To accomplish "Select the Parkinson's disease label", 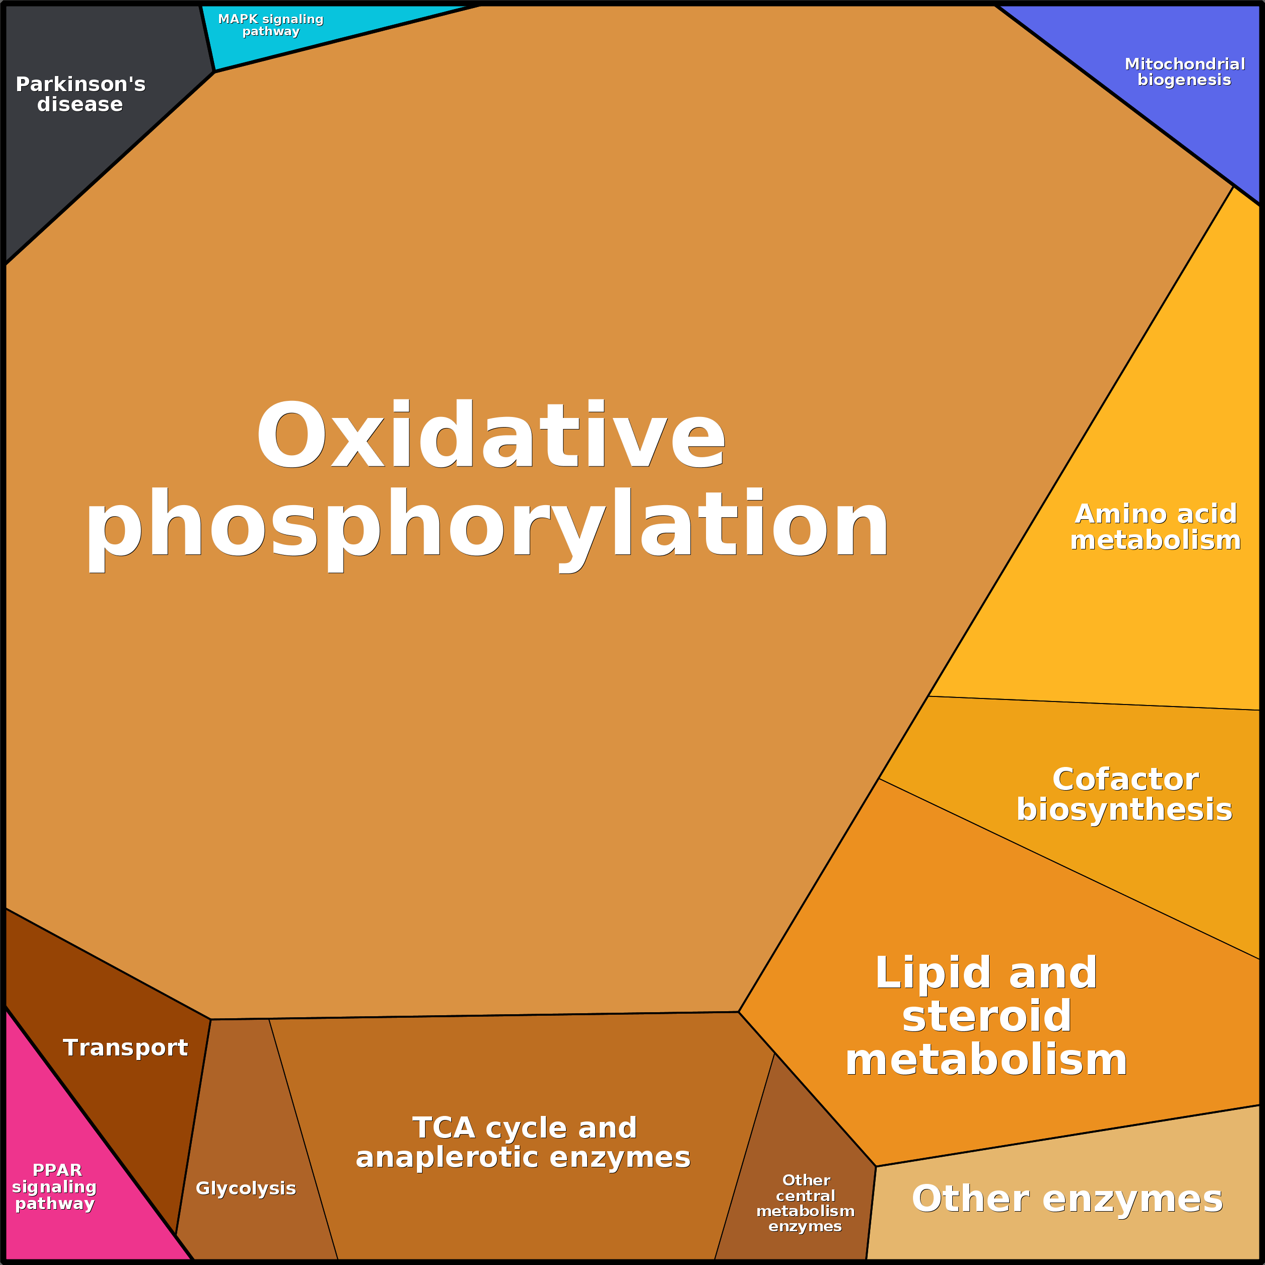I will (81, 94).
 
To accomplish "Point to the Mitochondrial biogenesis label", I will (1184, 72).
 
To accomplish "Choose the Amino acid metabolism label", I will (1156, 527).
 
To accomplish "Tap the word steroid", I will (987, 1016).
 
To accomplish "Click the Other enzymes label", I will (1067, 1199).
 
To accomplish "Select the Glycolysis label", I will (246, 1188).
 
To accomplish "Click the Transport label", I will (125, 1047).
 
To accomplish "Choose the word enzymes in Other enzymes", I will (1132, 1199).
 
